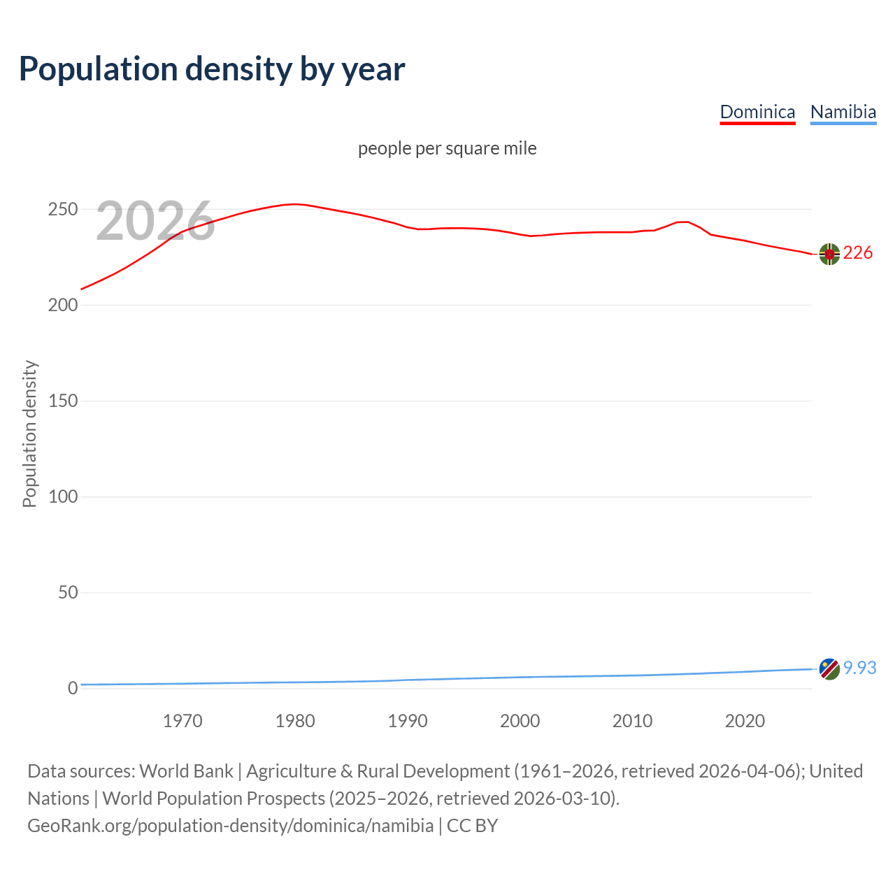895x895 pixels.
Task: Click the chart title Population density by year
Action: click(212, 69)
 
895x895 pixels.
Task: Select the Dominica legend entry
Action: click(757, 112)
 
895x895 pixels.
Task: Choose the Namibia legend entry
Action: click(843, 112)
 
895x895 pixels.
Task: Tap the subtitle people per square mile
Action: click(447, 148)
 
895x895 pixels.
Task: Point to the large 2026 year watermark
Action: click(155, 221)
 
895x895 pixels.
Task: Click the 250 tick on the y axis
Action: click(62, 210)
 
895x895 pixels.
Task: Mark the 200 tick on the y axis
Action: click(62, 306)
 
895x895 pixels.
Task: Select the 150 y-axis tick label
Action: click(62, 401)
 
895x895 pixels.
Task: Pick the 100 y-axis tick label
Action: click(62, 497)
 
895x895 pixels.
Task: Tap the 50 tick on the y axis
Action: click(68, 593)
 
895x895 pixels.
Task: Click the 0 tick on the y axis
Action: click(73, 689)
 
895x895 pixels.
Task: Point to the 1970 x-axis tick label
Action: click(182, 721)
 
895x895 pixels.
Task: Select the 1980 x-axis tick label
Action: click(295, 721)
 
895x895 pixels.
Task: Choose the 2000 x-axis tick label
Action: click(520, 721)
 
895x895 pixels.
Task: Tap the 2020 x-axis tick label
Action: click(745, 721)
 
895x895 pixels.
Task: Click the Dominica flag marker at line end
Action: click(829, 255)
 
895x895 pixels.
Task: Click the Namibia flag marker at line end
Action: click(829, 669)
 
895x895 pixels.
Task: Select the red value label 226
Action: click(858, 252)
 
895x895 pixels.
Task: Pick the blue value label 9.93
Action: click(859, 668)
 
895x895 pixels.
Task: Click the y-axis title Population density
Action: click(29, 434)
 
